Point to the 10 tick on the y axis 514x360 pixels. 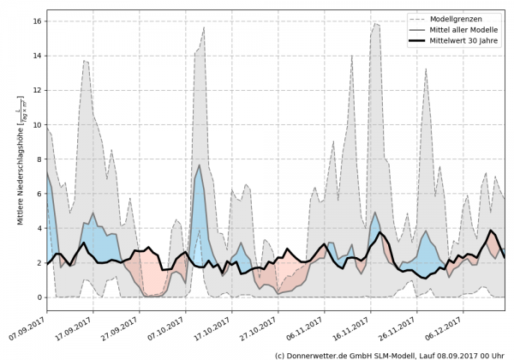coord(37,124)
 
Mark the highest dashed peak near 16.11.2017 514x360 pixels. coord(376,23)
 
